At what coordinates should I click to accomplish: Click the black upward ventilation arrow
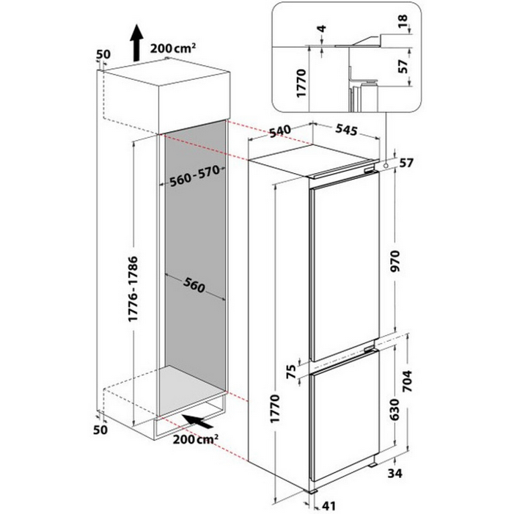(136, 43)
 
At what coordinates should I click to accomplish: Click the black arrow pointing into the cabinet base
(197, 422)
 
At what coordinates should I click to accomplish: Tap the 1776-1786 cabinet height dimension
(133, 289)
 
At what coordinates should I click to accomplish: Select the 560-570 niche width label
(195, 176)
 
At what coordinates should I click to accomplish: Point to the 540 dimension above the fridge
(279, 131)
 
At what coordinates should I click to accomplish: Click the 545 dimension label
(346, 130)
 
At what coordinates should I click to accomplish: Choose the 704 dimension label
(407, 381)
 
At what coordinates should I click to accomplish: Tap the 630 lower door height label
(395, 409)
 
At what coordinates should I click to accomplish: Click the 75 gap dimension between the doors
(291, 372)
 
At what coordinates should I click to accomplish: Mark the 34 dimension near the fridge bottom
(394, 474)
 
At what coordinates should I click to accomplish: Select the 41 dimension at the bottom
(328, 506)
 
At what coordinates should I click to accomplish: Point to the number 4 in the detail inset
(323, 29)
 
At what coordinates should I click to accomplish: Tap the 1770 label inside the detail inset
(301, 83)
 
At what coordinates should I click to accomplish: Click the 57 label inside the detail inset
(403, 66)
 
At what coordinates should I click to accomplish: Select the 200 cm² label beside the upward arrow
(173, 49)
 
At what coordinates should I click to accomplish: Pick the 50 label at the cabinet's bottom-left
(100, 430)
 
